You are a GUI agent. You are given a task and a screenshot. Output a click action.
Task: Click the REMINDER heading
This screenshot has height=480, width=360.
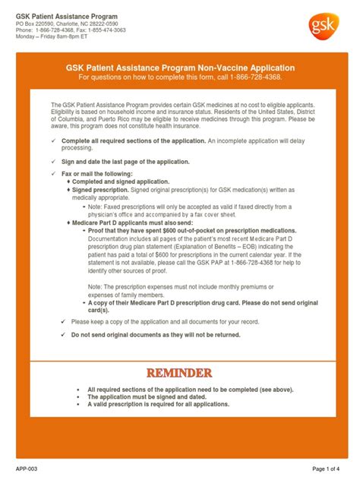pos(180,374)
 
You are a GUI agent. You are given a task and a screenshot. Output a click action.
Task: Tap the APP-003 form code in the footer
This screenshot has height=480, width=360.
pos(26,469)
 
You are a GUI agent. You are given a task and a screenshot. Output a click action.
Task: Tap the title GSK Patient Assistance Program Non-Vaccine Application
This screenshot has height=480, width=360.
pos(180,68)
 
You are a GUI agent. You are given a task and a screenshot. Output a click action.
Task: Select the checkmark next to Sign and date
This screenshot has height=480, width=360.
pos(52,162)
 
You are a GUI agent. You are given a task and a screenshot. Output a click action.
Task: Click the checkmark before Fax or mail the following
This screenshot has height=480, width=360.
pos(52,174)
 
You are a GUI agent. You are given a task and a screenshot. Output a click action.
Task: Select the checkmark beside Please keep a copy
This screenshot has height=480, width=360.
pos(63,321)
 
